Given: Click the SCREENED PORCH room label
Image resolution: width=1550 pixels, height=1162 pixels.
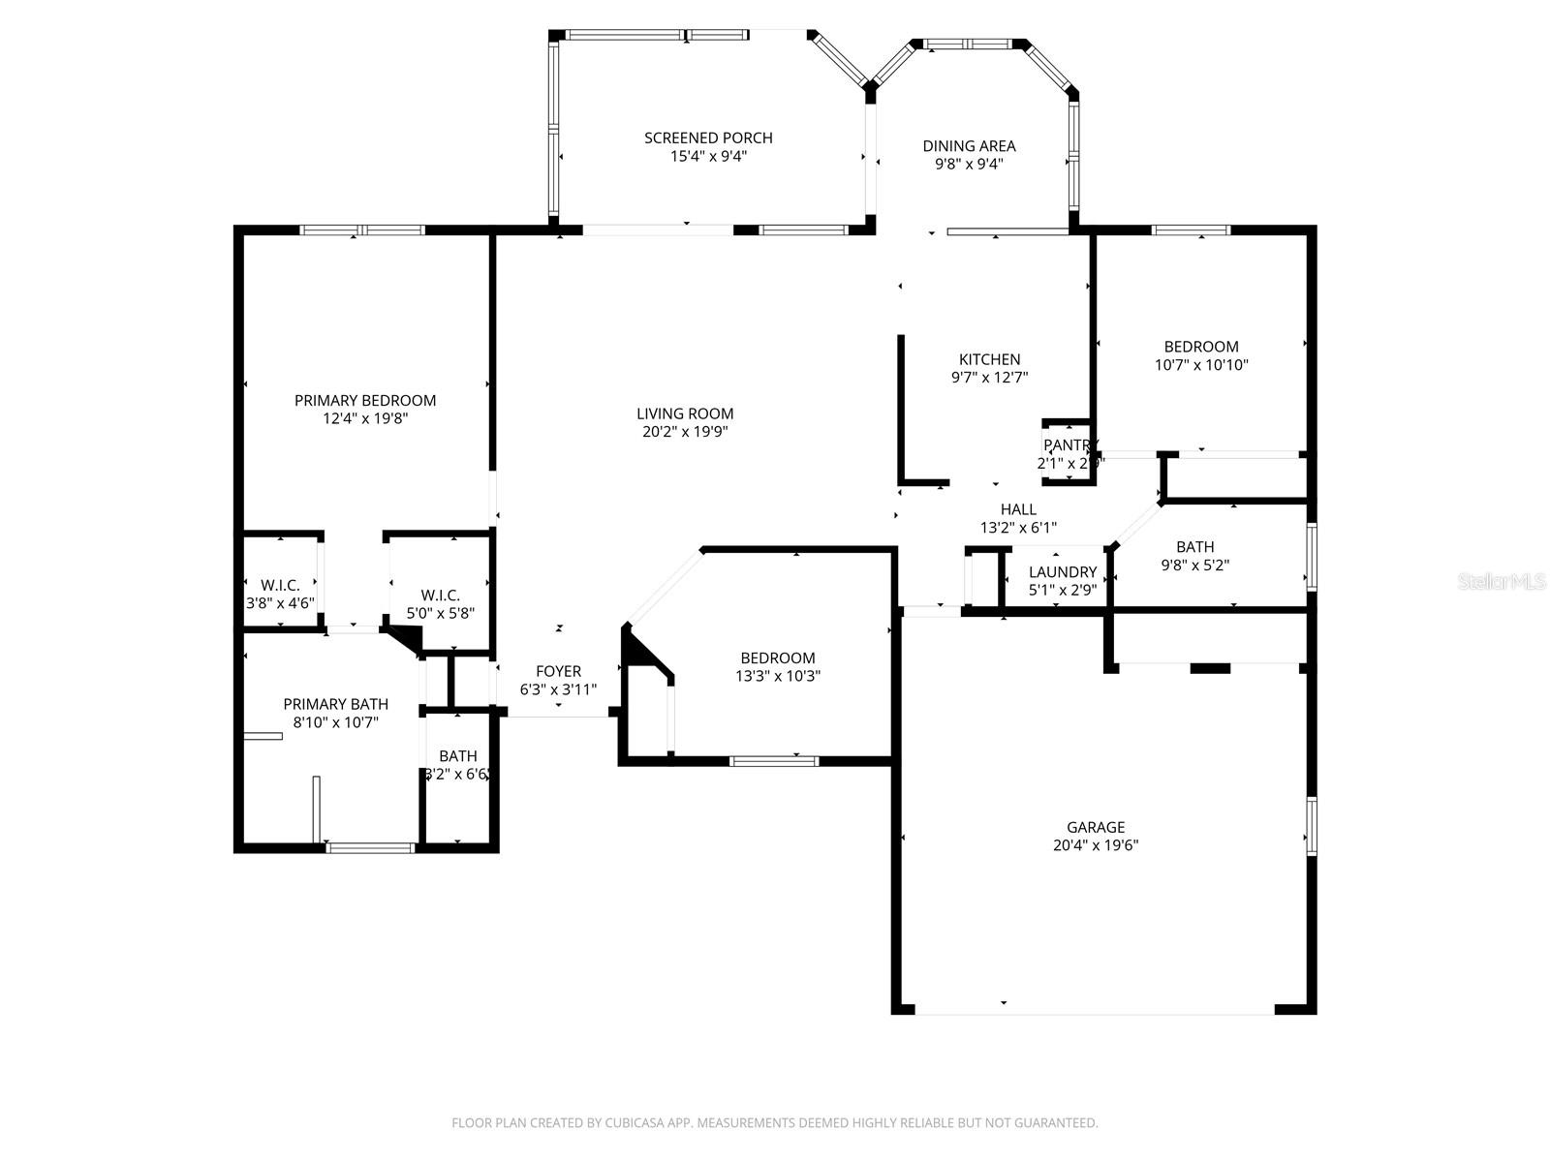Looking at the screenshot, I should [708, 138].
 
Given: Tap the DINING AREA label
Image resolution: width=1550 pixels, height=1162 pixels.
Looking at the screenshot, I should [969, 146].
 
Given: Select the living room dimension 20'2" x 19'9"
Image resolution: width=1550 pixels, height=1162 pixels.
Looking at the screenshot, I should [685, 432].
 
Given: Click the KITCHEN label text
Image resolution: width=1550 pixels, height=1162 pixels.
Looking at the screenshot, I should [989, 359].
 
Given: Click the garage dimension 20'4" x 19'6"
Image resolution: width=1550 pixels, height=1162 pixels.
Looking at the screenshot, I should [1096, 845].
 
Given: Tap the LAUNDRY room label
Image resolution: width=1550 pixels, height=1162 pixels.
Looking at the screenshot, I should [1062, 571].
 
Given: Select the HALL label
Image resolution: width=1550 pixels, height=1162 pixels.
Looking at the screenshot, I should [1018, 509].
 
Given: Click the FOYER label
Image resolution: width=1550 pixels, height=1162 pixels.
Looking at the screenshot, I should [558, 671].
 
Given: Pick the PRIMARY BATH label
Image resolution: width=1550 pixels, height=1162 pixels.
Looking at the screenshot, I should [335, 704].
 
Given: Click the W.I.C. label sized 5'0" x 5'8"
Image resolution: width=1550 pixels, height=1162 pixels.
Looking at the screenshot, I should [440, 596].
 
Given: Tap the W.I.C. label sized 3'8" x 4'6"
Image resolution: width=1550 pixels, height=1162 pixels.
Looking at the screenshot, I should [280, 585].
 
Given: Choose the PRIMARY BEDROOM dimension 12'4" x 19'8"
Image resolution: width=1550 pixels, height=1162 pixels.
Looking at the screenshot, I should [365, 419].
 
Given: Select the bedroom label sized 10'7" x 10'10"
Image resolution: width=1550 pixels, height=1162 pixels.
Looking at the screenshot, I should [1201, 347].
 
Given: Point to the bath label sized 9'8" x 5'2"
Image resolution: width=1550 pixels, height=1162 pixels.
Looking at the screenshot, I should [1194, 547].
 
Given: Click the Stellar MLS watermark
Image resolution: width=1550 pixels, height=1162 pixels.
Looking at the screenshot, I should [1502, 582].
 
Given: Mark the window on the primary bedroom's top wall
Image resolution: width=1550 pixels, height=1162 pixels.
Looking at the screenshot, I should [362, 230].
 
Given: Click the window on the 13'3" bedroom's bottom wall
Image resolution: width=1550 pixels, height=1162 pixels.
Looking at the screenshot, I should [773, 761].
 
